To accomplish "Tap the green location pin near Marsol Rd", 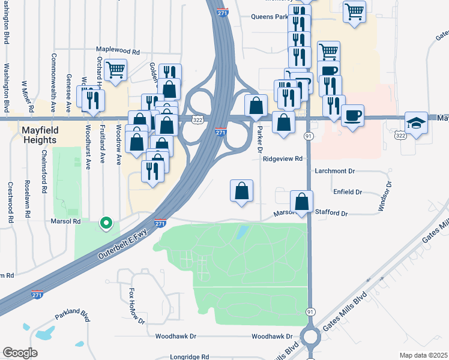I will [x=106, y=224].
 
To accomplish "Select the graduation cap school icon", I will [x=416, y=123].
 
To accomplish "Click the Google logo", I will [x=20, y=353].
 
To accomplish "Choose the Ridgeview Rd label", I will [x=285, y=159].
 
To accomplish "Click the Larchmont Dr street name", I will [x=335, y=171].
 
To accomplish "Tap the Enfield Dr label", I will [x=348, y=192].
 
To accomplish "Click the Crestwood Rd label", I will [x=11, y=203].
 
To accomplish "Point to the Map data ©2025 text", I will [x=423, y=355].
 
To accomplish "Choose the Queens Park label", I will [x=270, y=17].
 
